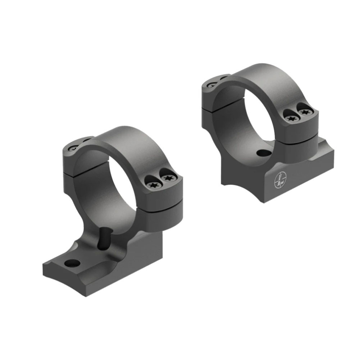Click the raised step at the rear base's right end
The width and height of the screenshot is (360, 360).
pos(324,147)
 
